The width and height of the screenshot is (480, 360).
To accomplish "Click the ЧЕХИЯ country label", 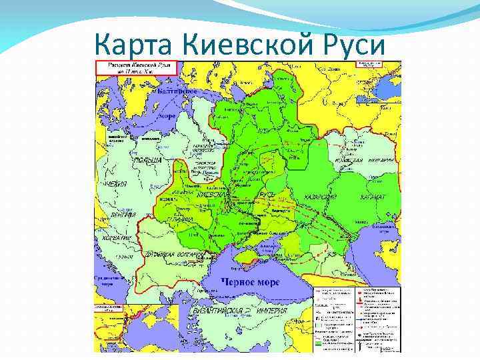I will (113, 183).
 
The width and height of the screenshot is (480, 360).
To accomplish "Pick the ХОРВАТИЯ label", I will (117, 237).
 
